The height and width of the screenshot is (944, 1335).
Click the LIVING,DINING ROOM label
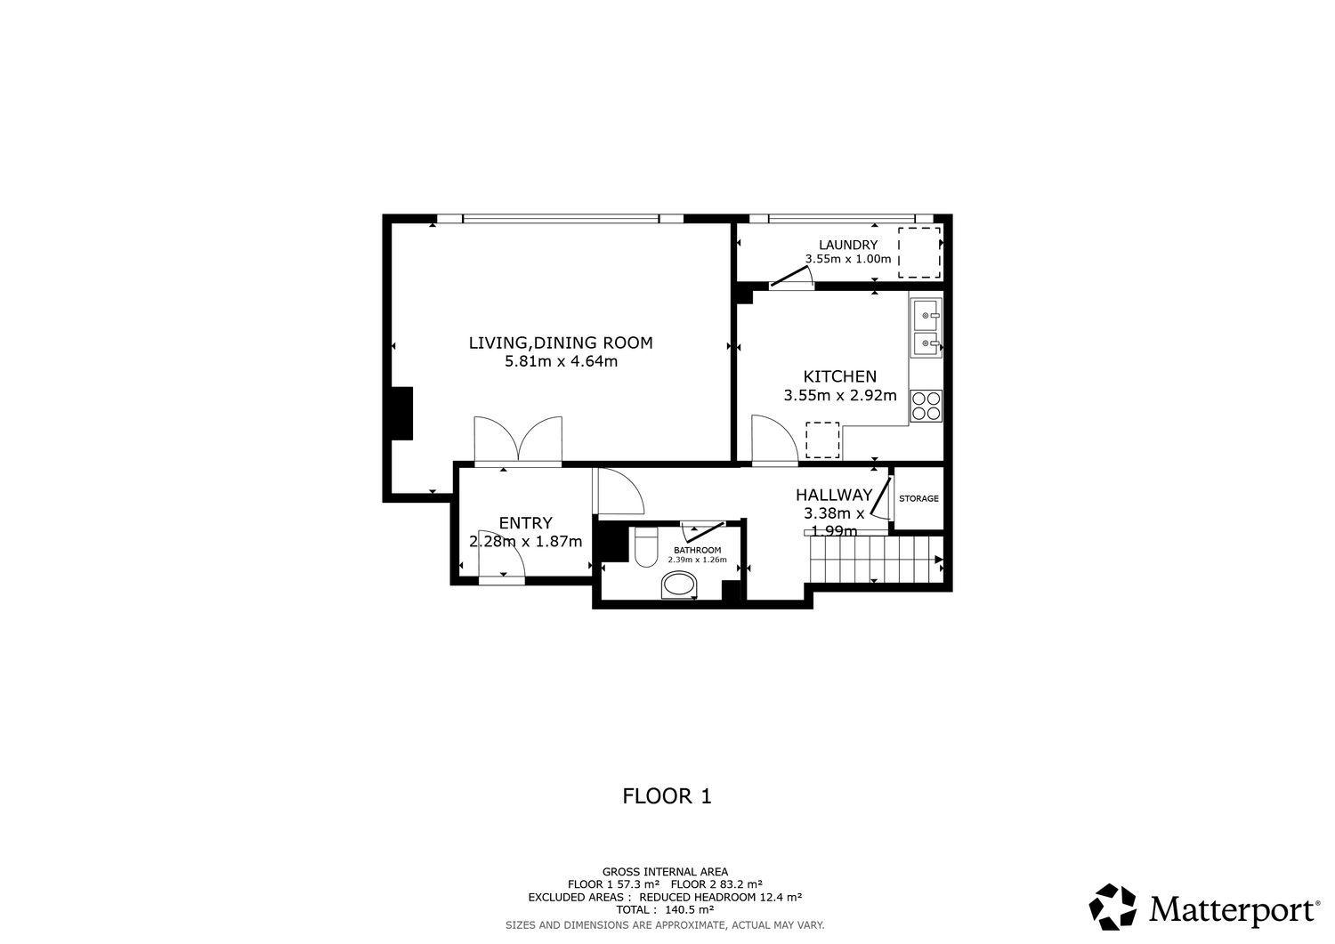pyautogui.click(x=561, y=343)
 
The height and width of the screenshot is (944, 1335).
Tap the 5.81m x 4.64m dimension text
pyautogui.click(x=561, y=362)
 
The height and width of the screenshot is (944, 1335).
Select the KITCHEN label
pyautogui.click(x=840, y=376)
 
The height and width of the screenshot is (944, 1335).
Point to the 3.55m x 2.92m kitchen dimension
pyautogui.click(x=840, y=395)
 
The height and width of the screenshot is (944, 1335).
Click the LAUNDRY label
pyautogui.click(x=848, y=245)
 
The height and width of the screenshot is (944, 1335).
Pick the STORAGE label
pyautogui.click(x=918, y=498)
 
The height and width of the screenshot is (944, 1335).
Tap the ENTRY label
pyautogui.click(x=526, y=523)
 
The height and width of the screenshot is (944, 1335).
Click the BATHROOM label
pyautogui.click(x=697, y=550)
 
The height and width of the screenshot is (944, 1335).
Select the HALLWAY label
pyautogui.click(x=834, y=495)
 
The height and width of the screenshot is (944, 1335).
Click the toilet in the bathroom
pyautogui.click(x=645, y=546)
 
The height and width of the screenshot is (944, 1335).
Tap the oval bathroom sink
pyautogui.click(x=679, y=585)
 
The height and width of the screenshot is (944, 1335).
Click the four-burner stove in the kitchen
pyautogui.click(x=926, y=406)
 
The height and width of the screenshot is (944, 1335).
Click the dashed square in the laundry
pyautogui.click(x=919, y=252)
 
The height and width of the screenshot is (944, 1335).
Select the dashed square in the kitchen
pyautogui.click(x=822, y=440)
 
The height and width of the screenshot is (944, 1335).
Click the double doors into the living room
pyautogui.click(x=518, y=440)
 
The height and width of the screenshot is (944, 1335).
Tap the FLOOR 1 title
pyautogui.click(x=667, y=796)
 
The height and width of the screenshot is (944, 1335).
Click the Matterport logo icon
pyautogui.click(x=1112, y=907)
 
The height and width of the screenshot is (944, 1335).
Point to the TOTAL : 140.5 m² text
pyautogui.click(x=665, y=909)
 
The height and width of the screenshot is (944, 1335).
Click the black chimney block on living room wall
pyautogui.click(x=400, y=414)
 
